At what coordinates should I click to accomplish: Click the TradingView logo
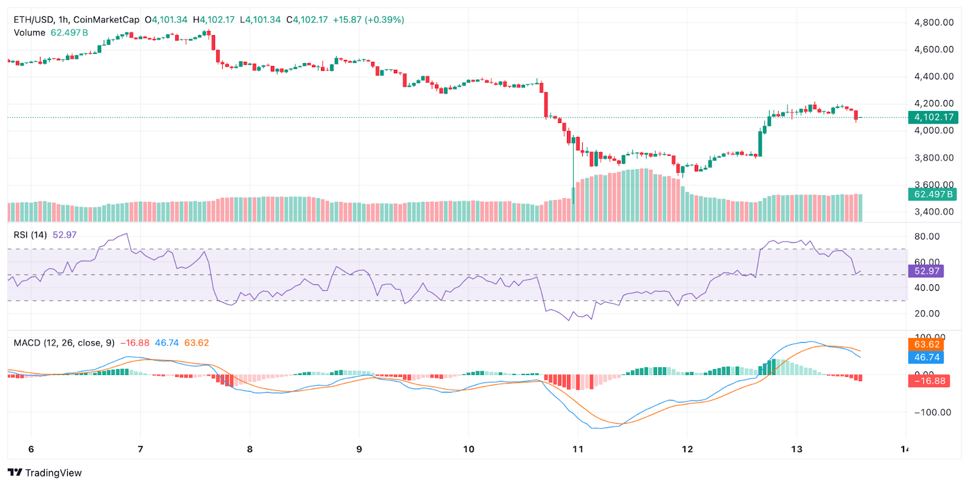pyautogui.click(x=45, y=473)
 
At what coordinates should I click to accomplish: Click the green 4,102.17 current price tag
pyautogui.click(x=933, y=117)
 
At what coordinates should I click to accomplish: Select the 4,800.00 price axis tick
pyautogui.click(x=933, y=22)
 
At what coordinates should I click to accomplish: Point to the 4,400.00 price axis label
pyautogui.click(x=933, y=76)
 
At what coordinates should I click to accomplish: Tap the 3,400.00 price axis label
pyautogui.click(x=933, y=211)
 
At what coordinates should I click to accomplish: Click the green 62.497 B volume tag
pyautogui.click(x=933, y=195)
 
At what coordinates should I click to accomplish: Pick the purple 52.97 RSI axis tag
pyautogui.click(x=926, y=271)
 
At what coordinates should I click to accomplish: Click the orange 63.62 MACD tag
pyautogui.click(x=926, y=344)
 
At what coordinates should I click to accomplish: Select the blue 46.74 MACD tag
pyautogui.click(x=926, y=357)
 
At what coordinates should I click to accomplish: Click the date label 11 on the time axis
pyautogui.click(x=578, y=449)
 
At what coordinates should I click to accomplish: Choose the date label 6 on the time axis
pyautogui.click(x=31, y=449)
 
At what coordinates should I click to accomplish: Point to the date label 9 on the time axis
pyautogui.click(x=359, y=449)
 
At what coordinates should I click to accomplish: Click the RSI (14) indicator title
pyautogui.click(x=30, y=235)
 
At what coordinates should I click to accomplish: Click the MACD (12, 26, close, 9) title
pyautogui.click(x=64, y=343)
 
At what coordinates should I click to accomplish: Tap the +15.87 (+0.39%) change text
pyautogui.click(x=368, y=19)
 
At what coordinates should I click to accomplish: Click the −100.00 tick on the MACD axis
pyautogui.click(x=932, y=412)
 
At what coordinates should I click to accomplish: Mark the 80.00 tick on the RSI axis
pyautogui.click(x=927, y=236)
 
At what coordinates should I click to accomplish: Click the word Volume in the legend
pyautogui.click(x=30, y=33)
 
